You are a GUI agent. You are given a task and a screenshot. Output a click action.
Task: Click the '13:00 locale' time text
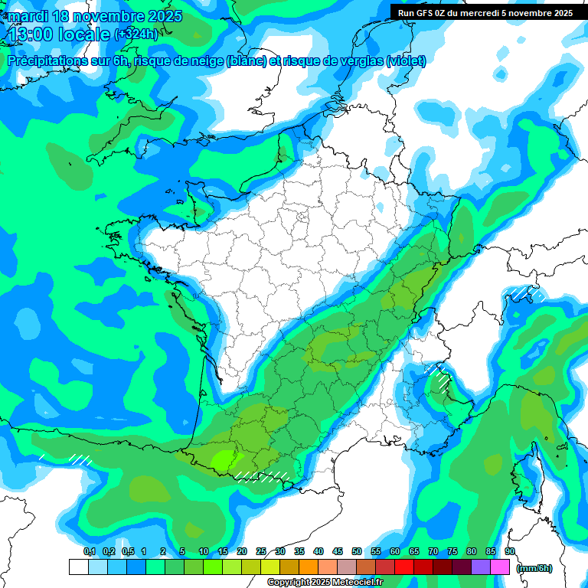pos(57,34)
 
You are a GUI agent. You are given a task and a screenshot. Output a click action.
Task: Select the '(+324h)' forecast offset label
pos(136,34)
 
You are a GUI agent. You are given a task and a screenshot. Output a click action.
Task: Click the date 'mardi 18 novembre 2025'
pos(94,16)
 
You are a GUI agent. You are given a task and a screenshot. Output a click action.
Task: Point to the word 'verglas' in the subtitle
pos(359,60)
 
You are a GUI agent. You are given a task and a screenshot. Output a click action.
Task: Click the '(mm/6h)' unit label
pos(534,567)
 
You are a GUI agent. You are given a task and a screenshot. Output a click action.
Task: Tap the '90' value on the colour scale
pos(509,552)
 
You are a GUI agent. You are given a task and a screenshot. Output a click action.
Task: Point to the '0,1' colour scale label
pos(90,552)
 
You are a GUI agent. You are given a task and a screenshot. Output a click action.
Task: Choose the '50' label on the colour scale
pos(357,552)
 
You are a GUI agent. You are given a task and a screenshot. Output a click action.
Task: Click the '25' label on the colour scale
pos(261,552)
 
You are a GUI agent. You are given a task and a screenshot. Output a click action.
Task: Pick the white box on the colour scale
pos(78,567)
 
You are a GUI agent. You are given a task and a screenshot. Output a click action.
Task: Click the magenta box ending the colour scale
pos(500,567)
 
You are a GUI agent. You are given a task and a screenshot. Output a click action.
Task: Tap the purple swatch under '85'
pos(481,567)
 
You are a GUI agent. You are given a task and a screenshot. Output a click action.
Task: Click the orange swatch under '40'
pos(308,567)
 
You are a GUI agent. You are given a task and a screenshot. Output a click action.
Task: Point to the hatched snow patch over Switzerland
pos(526,292)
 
